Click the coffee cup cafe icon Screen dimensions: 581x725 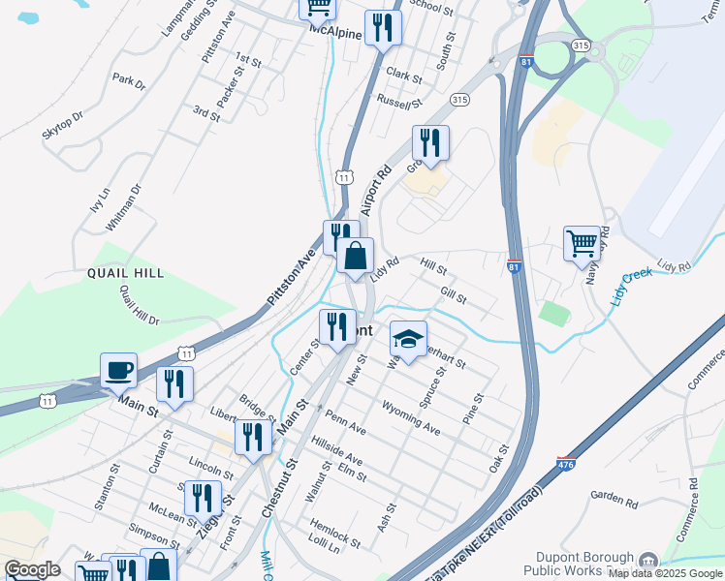tap(118, 370)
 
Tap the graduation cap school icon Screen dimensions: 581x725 tap(408, 340)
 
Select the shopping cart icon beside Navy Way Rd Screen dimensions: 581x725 tap(582, 243)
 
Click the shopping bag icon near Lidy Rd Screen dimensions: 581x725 tap(356, 257)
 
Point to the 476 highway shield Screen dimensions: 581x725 tap(567, 465)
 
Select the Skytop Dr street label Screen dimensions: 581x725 tap(63, 126)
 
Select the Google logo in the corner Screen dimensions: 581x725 tap(32, 569)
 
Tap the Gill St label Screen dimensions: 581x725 tap(454, 293)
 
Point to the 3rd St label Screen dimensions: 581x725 tap(206, 112)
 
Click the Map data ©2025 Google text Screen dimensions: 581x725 tap(666, 573)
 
